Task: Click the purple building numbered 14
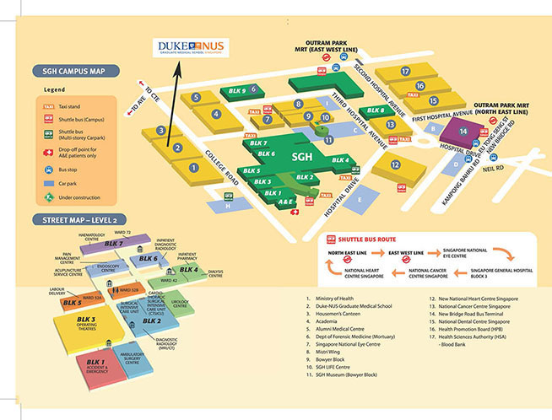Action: (463, 131)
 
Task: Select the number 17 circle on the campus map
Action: (405, 72)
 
